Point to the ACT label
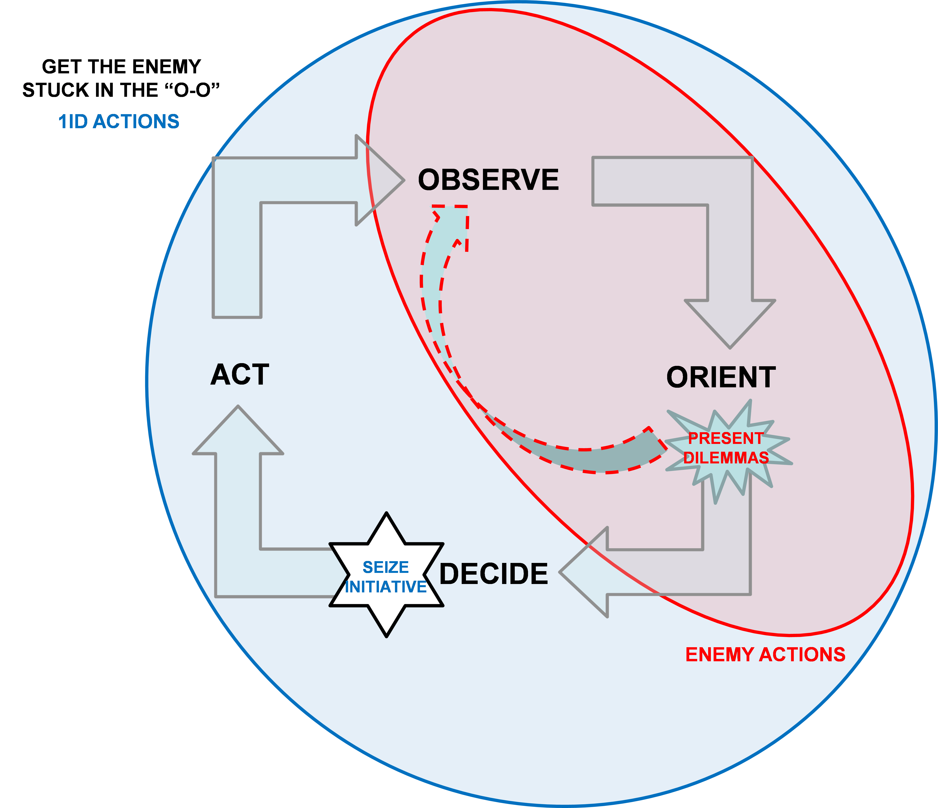[240, 375]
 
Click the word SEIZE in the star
[386, 567]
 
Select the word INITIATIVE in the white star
[386, 587]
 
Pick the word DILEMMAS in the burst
[726, 458]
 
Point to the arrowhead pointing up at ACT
[238, 430]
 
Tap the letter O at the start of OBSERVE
[430, 180]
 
